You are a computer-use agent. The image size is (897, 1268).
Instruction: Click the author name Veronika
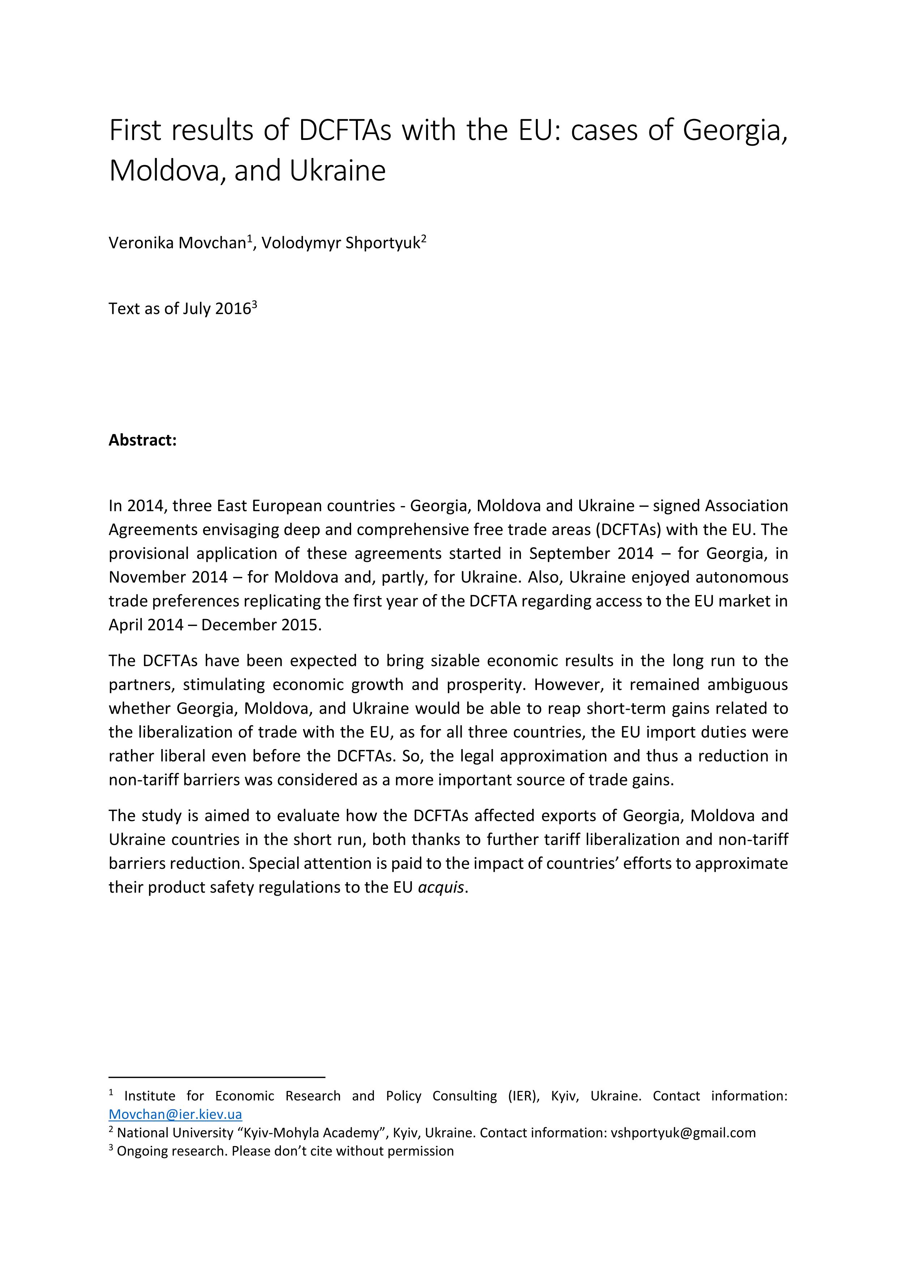[x=141, y=243]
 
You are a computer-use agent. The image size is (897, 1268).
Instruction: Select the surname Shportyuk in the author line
[x=382, y=243]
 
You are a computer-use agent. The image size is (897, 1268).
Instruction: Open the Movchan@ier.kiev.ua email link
[x=175, y=1114]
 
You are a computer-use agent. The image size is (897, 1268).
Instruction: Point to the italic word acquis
[x=441, y=887]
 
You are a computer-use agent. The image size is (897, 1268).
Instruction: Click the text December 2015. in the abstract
[x=261, y=625]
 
